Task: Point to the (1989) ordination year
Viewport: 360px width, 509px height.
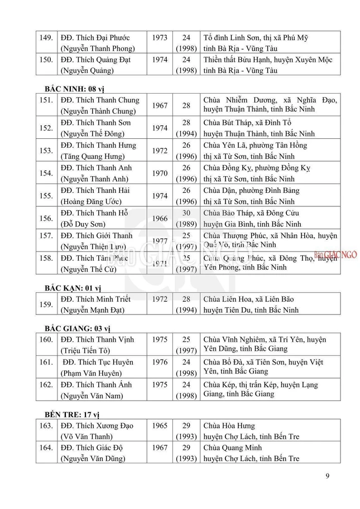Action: click(186, 224)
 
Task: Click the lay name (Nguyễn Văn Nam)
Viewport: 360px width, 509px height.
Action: click(93, 396)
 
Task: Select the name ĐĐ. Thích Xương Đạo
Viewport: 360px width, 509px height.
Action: click(97, 426)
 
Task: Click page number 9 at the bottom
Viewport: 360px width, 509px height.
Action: click(327, 476)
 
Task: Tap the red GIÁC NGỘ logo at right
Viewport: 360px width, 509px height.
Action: click(335, 255)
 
